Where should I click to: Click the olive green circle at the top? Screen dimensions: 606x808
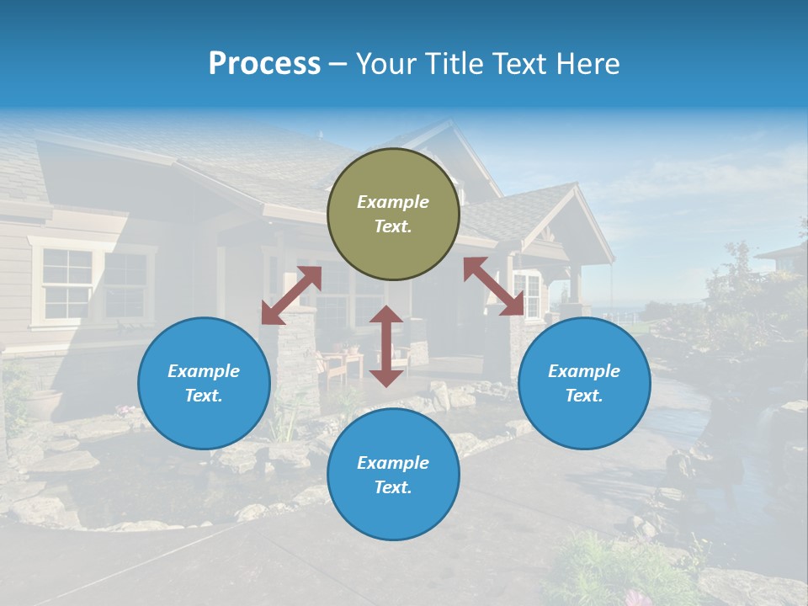tap(393, 214)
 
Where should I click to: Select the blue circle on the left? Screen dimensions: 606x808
tap(204, 383)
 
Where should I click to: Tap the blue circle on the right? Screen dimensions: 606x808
tap(584, 383)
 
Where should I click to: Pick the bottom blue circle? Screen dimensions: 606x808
tap(393, 475)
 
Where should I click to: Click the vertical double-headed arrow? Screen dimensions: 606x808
tap(386, 346)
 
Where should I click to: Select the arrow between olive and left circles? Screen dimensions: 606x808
tap(291, 295)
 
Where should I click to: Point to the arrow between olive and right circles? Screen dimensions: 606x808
tap(493, 286)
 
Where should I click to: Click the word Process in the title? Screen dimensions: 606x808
tap(264, 63)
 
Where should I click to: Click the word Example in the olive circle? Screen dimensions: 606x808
tap(393, 202)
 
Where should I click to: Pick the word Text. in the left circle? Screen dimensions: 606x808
tap(204, 396)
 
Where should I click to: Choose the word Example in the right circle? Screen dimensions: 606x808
tap(584, 371)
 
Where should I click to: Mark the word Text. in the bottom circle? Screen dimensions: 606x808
tap(393, 487)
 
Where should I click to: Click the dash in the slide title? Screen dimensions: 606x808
tap(338, 63)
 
